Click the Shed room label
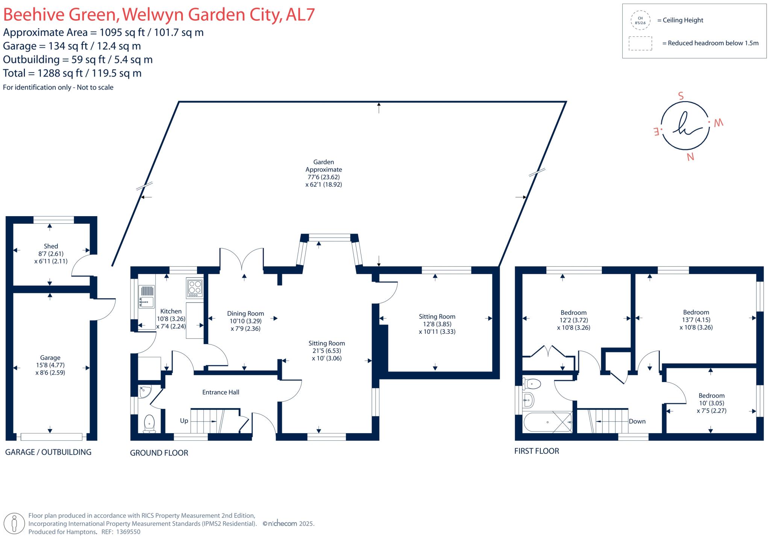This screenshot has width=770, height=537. pyautogui.click(x=51, y=246)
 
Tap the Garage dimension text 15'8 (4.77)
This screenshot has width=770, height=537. pyautogui.click(x=50, y=365)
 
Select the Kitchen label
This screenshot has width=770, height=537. pyautogui.click(x=171, y=311)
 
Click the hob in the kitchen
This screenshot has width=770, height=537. pyautogui.click(x=195, y=287)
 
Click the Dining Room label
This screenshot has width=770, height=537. pyautogui.click(x=246, y=314)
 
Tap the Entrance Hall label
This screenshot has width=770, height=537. pyautogui.click(x=221, y=392)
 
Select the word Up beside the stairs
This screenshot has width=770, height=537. pyautogui.click(x=184, y=420)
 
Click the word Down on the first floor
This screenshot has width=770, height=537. pyautogui.click(x=637, y=421)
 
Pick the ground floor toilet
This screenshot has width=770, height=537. pyautogui.click(x=150, y=424)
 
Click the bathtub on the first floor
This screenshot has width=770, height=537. pyautogui.click(x=547, y=423)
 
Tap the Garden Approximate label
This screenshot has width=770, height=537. pyautogui.click(x=324, y=166)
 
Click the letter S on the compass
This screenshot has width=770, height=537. pyautogui.click(x=681, y=96)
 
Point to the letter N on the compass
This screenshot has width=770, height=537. pyautogui.click(x=690, y=157)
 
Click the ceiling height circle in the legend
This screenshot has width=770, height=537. pyautogui.click(x=640, y=20)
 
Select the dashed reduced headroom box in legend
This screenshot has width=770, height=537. pyautogui.click(x=640, y=43)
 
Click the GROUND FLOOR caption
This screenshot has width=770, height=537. pyautogui.click(x=159, y=453)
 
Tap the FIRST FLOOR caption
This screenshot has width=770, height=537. pyautogui.click(x=537, y=451)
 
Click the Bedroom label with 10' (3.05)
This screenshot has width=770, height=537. pyautogui.click(x=711, y=396)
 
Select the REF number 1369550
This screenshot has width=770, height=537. pyautogui.click(x=128, y=532)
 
